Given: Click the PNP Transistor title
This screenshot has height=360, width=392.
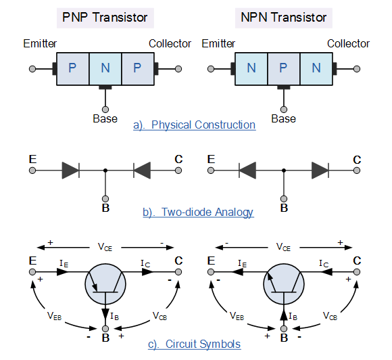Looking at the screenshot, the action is pyautogui.click(x=105, y=18).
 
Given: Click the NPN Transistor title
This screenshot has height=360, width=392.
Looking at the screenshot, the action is pyautogui.click(x=283, y=18).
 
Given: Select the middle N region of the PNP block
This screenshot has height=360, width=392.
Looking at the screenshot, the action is pyautogui.click(x=105, y=69).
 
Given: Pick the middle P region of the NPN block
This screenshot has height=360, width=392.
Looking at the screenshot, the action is pyautogui.click(x=283, y=69).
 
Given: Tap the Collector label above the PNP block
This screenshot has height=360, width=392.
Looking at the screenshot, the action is pyautogui.click(x=170, y=43).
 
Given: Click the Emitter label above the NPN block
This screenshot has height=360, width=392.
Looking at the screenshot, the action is pyautogui.click(x=218, y=43).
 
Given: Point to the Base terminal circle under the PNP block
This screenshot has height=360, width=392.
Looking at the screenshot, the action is pyautogui.click(x=105, y=110).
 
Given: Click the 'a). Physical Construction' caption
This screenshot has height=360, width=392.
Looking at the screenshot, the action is pyautogui.click(x=194, y=125).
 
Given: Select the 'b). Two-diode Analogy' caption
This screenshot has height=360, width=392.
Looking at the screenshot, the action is pyautogui.click(x=198, y=212).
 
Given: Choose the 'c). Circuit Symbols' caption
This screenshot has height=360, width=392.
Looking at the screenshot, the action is pyautogui.click(x=194, y=344).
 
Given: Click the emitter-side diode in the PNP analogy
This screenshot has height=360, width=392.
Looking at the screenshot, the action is pyautogui.click(x=71, y=171).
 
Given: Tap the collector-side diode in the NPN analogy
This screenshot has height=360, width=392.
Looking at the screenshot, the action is pyautogui.click(x=320, y=171).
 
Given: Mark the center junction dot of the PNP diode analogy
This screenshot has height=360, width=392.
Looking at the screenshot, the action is pyautogui.click(x=105, y=171).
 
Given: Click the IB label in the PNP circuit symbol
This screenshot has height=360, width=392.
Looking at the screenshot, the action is pyautogui.click(x=114, y=316).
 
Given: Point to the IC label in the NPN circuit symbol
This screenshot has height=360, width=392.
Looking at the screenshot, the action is pyautogui.click(x=324, y=264).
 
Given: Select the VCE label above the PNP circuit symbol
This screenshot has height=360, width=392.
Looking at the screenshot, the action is pyautogui.click(x=105, y=247).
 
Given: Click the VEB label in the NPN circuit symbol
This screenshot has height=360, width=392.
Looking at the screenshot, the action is pyautogui.click(x=237, y=316).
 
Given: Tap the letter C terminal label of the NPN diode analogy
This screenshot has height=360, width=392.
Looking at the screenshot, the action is pyautogui.click(x=357, y=160).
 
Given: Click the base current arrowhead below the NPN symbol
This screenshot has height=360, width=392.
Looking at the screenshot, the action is pyautogui.click(x=284, y=315).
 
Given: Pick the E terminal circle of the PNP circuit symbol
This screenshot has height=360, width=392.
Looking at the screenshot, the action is pyautogui.click(x=32, y=272).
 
